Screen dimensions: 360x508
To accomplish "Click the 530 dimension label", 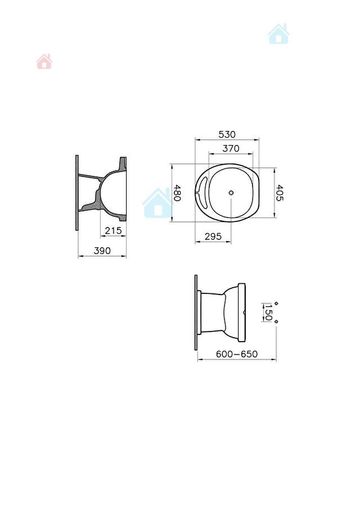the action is (x=227, y=134).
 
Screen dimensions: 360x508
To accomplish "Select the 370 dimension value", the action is (x=231, y=148).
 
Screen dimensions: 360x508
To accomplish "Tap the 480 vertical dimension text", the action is (x=177, y=193).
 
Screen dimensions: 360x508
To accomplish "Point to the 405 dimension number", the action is (x=279, y=193).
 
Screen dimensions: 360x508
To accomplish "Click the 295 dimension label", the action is (x=213, y=237).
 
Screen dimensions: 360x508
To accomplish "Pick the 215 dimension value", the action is (x=113, y=230).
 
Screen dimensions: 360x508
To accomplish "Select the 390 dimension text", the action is (x=102, y=251).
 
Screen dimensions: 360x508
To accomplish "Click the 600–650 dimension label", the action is (x=237, y=354).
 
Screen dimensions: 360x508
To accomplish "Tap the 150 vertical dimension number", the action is (x=268, y=312).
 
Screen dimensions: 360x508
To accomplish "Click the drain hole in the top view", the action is (x=231, y=193).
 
